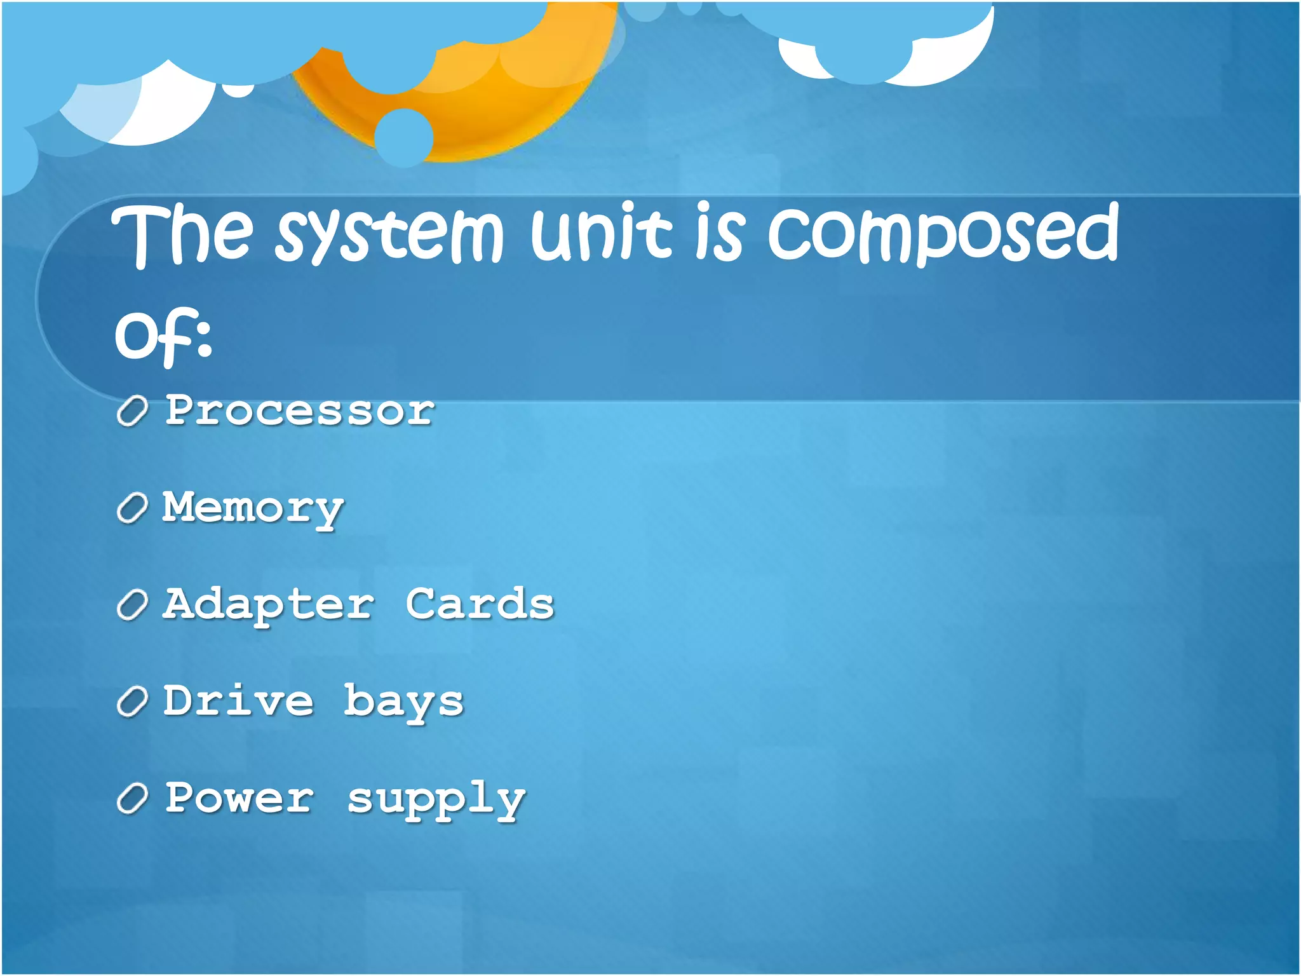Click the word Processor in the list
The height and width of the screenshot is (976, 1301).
[300, 410]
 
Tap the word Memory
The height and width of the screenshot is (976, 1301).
[253, 508]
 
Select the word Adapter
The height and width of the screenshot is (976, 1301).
[269, 605]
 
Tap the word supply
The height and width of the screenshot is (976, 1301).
[436, 801]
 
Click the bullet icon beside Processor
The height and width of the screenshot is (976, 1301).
[133, 411]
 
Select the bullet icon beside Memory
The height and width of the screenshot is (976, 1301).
[133, 508]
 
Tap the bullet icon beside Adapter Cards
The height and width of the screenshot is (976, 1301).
[133, 605]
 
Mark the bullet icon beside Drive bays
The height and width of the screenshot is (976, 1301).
[133, 702]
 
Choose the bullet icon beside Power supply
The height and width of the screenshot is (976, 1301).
[133, 799]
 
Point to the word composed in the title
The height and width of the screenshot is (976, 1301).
[943, 234]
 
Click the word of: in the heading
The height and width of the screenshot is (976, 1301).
[163, 335]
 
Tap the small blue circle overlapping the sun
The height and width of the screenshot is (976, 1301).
[403, 137]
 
